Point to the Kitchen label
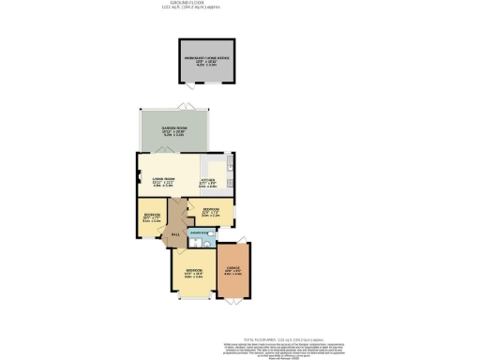(x=209, y=181)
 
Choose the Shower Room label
(x=198, y=230)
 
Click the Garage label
(x=234, y=272)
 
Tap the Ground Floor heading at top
(x=240, y=4)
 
